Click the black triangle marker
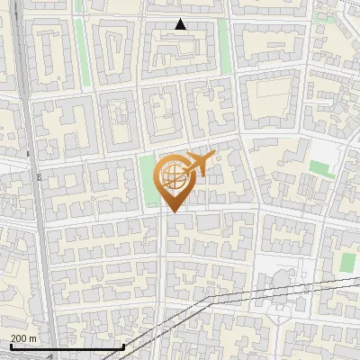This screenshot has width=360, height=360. point(181,25)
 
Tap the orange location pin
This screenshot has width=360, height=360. point(173,180)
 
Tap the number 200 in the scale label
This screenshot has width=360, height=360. point(19,338)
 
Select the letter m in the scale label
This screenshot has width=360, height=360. point(33,338)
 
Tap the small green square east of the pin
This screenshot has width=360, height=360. point(318,167)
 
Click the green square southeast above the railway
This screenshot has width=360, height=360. point(347,262)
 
